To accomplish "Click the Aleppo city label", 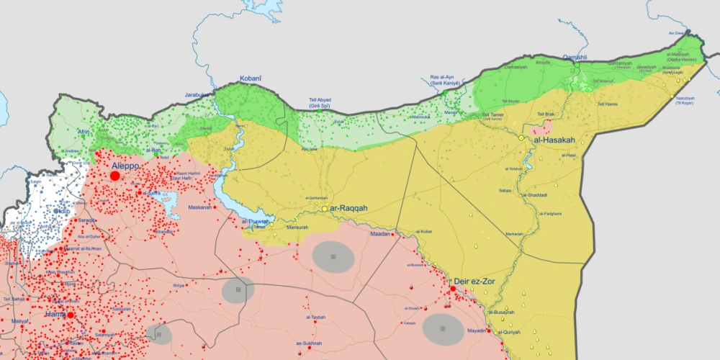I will click(x=125, y=166).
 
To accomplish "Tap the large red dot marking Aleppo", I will click(x=114, y=176).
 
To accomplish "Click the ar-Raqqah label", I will click(x=348, y=208).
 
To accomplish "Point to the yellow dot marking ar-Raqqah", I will click(x=325, y=209).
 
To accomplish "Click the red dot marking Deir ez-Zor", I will click(x=453, y=289).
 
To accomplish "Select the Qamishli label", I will click(x=575, y=57).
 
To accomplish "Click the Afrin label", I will click(x=84, y=132).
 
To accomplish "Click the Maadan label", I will click(x=379, y=234).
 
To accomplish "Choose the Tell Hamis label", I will click(x=608, y=104).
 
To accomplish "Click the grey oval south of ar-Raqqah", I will click(x=333, y=256).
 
